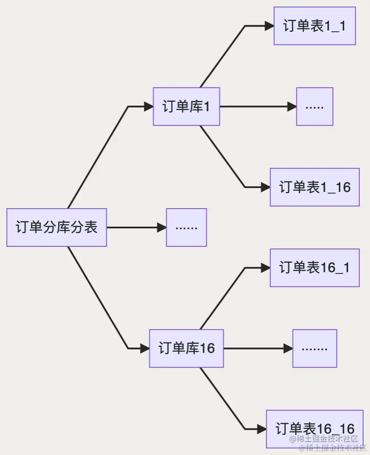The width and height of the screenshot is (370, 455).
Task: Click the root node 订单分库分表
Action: (57, 227)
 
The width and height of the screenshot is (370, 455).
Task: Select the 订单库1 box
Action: (187, 106)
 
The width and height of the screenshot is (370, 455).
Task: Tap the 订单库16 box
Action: (187, 348)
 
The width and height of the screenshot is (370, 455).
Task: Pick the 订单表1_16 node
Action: (315, 187)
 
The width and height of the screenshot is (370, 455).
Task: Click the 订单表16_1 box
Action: (315, 268)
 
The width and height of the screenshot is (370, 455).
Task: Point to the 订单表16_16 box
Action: (315, 429)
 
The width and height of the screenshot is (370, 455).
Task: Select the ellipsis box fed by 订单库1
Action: (315, 106)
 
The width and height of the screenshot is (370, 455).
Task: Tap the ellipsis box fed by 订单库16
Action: (315, 348)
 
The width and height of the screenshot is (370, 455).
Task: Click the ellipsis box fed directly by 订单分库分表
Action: (187, 227)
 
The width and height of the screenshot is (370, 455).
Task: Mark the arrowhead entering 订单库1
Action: (149, 106)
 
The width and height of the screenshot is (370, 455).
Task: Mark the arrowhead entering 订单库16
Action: (145, 348)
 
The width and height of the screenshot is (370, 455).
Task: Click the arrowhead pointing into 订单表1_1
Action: (269, 26)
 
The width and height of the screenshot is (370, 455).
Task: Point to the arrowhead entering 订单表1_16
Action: (266, 187)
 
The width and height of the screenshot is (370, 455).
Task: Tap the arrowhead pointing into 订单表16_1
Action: (266, 268)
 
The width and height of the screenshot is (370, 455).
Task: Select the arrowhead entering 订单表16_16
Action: (262, 429)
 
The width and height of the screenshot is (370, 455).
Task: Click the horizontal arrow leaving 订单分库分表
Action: (135, 227)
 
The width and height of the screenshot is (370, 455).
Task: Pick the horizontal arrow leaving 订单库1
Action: (258, 106)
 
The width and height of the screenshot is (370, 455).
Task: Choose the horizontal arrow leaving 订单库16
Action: (258, 348)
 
